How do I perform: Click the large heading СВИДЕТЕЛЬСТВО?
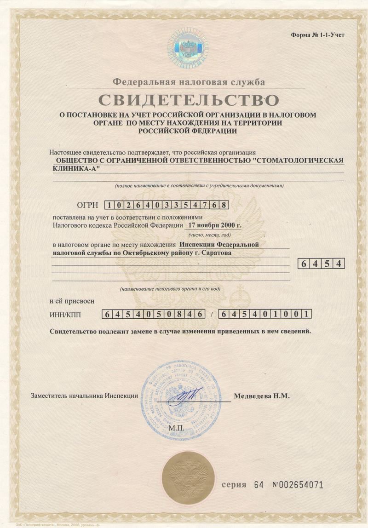coord(187,99)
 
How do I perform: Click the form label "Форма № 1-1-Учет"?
coord(317,35)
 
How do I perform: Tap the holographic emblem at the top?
coord(188,46)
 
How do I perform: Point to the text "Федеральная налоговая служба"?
coord(189,82)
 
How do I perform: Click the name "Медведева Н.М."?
coord(262,396)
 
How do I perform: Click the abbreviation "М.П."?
coord(176,428)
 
